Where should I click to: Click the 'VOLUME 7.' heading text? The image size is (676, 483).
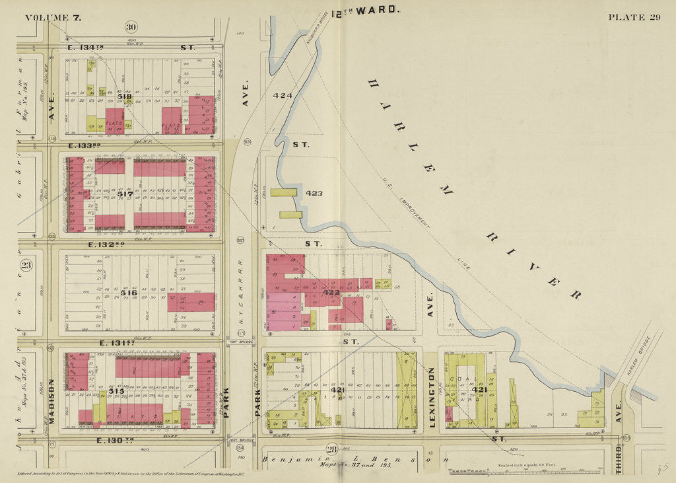[x=53, y=17]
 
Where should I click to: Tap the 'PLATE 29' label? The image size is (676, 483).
[x=634, y=17]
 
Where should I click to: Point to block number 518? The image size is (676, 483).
[x=125, y=97]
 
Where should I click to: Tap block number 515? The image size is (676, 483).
[x=116, y=391]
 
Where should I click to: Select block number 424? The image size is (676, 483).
[x=282, y=96]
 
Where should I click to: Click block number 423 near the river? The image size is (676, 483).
[x=314, y=194]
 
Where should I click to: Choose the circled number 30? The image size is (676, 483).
[x=130, y=26]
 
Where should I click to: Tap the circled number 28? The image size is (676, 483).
[x=332, y=450]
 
